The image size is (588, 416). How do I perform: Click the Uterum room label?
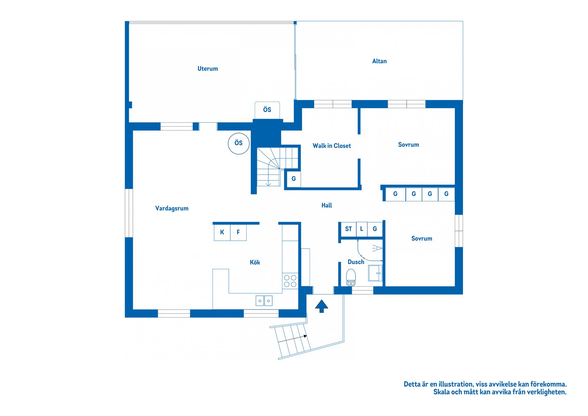click(x=208, y=69)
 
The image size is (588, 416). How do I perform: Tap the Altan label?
click(x=379, y=61)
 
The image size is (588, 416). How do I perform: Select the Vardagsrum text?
click(x=172, y=208)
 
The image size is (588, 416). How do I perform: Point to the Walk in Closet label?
click(x=332, y=146)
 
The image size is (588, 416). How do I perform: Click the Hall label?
click(x=327, y=205)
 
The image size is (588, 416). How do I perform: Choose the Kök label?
click(x=255, y=262)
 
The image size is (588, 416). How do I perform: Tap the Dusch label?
click(x=356, y=262)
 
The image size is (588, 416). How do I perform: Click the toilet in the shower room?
click(x=351, y=277)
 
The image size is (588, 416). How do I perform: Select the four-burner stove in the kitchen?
click(x=290, y=281)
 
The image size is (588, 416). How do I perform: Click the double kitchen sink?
click(x=264, y=301)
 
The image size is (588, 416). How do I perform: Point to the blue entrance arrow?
click(x=322, y=306)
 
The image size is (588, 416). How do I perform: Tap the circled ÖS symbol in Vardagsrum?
click(x=239, y=143)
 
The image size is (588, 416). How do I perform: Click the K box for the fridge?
click(x=222, y=232)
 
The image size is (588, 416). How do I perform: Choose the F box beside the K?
click(x=238, y=232)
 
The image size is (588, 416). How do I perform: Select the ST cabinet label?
click(x=349, y=229)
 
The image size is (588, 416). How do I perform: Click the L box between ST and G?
click(x=362, y=229)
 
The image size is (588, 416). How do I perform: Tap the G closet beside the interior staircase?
click(x=293, y=179)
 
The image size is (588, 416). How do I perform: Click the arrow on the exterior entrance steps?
click(x=292, y=339)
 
